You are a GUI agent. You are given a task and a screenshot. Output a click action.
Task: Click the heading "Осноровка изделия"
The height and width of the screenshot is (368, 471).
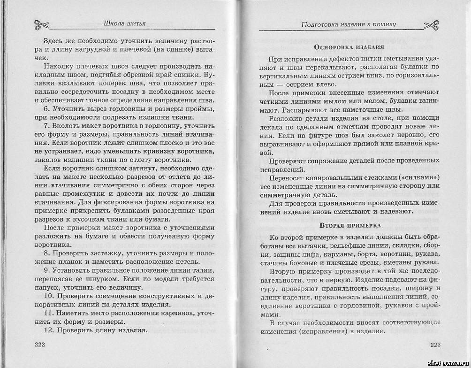[x=349, y=47]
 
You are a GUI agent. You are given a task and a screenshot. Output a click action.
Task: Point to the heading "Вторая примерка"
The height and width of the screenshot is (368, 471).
[x=349, y=225]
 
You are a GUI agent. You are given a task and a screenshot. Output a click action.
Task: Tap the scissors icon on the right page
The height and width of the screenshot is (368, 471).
[x=432, y=24]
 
